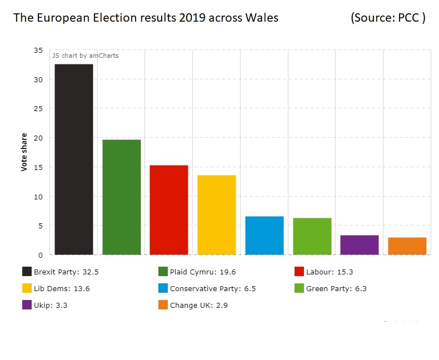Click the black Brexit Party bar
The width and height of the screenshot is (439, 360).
click(x=74, y=159)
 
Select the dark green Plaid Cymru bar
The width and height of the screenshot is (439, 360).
click(x=122, y=197)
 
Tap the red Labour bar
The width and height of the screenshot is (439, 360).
click(x=169, y=210)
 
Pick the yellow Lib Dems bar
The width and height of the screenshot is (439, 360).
click(x=217, y=215)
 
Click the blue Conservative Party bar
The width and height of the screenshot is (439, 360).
click(x=265, y=236)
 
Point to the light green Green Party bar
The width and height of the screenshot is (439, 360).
click(x=312, y=236)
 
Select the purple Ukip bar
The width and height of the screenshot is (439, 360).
click(x=360, y=245)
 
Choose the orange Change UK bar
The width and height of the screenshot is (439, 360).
click(x=407, y=246)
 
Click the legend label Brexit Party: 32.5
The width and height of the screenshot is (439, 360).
click(x=66, y=272)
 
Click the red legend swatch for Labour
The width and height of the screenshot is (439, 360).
click(x=299, y=272)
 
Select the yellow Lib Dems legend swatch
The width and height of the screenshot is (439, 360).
click(x=27, y=288)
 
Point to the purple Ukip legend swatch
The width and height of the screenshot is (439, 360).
click(x=27, y=305)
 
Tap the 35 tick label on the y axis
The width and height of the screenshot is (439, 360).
click(x=38, y=51)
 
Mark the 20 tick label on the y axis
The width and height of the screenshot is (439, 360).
click(x=38, y=138)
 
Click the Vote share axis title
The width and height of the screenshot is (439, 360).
click(x=24, y=152)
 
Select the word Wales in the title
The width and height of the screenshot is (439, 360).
click(x=262, y=18)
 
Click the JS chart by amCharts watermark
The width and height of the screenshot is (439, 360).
click(x=85, y=56)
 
